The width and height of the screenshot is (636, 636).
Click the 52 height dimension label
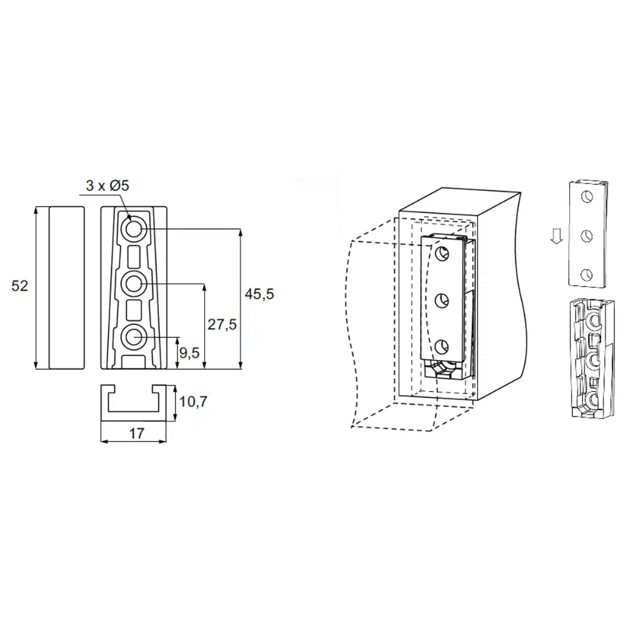[x=20, y=286]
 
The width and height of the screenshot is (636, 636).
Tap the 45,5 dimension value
[x=259, y=294]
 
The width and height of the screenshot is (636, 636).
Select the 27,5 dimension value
[x=222, y=324]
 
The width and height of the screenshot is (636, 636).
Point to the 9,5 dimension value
[x=190, y=353]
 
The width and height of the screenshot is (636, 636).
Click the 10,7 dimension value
[x=193, y=401]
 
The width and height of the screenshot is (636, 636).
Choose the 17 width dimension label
[x=136, y=434]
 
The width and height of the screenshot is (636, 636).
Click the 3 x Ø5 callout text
[x=107, y=185]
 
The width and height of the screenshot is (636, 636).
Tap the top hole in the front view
[x=134, y=229]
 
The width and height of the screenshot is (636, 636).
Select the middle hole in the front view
[x=134, y=284]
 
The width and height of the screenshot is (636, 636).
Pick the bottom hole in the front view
[x=134, y=337]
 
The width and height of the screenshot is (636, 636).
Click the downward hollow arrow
[x=556, y=236]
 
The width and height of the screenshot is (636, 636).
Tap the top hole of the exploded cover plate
[x=586, y=197]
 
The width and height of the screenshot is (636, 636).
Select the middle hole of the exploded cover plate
[x=586, y=236]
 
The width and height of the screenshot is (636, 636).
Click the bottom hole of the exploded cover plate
[x=586, y=275]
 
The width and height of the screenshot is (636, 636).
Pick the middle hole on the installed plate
[x=442, y=301]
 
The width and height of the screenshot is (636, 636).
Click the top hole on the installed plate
[x=442, y=254]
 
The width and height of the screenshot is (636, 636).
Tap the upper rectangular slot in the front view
[x=134, y=256]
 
